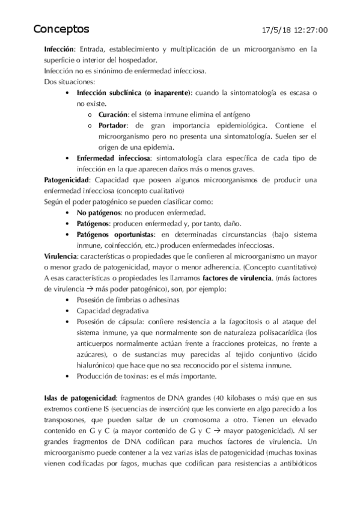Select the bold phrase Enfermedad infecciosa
(x=114, y=158)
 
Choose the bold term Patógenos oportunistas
(x=115, y=234)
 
